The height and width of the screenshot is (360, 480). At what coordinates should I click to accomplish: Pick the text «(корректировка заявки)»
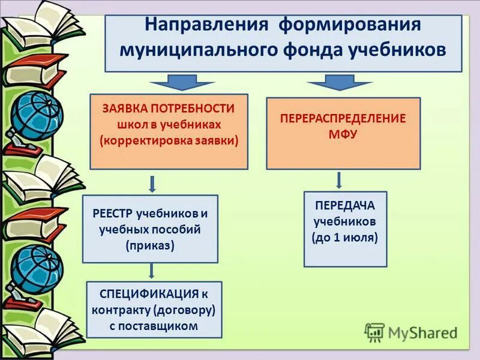click(169, 140)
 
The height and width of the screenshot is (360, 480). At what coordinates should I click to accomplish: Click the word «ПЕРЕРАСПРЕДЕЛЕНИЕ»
click(343, 118)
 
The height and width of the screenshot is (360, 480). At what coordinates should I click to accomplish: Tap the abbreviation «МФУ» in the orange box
click(343, 134)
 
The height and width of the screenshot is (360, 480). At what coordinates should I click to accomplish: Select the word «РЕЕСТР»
click(113, 213)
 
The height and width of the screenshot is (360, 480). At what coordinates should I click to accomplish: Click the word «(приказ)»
click(150, 244)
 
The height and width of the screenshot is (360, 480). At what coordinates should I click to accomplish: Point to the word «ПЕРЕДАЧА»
click(345, 205)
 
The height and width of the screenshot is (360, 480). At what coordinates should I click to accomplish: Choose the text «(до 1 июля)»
click(345, 236)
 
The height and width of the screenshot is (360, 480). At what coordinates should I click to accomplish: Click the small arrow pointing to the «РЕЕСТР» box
click(152, 183)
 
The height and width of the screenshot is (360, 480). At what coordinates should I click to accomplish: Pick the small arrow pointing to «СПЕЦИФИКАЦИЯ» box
click(151, 271)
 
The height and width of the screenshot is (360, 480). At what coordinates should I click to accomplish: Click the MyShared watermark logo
click(410, 332)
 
